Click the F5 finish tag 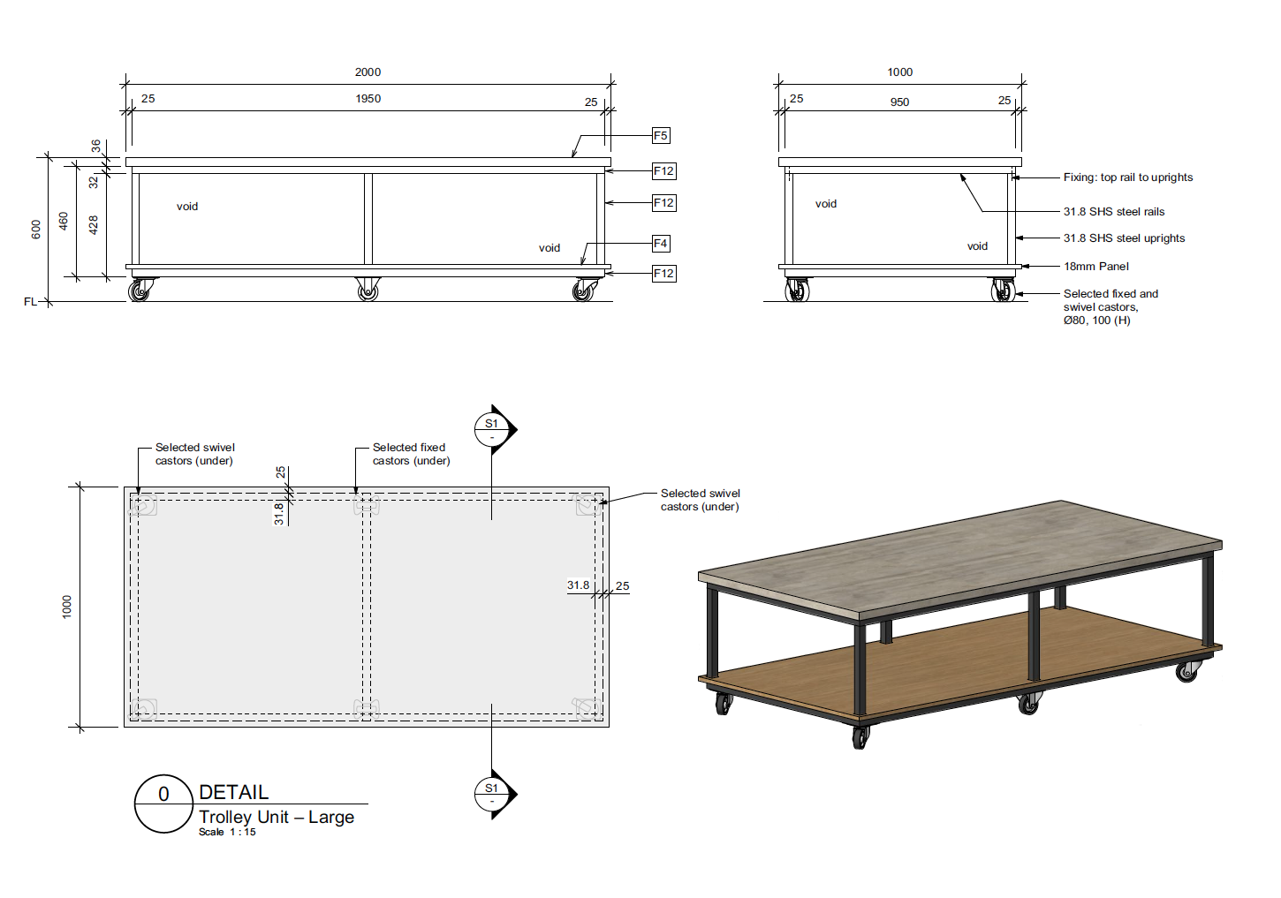point(661,135)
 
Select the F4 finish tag point(661,244)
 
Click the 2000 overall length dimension point(368,72)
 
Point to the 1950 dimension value point(368,98)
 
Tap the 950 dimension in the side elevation point(899,102)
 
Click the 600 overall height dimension point(36,230)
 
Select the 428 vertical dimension point(94,224)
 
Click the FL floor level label point(30,301)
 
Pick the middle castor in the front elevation point(368,290)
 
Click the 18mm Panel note point(1095,267)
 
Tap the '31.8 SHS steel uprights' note point(1124,238)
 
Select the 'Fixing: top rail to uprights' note point(1128,177)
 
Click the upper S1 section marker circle point(491,429)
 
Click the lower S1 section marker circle point(491,794)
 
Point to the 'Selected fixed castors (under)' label point(411,454)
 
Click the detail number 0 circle point(163,804)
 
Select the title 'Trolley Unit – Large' point(277,818)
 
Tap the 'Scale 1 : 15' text point(227,833)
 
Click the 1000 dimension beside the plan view point(67,607)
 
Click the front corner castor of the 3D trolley point(860,736)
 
